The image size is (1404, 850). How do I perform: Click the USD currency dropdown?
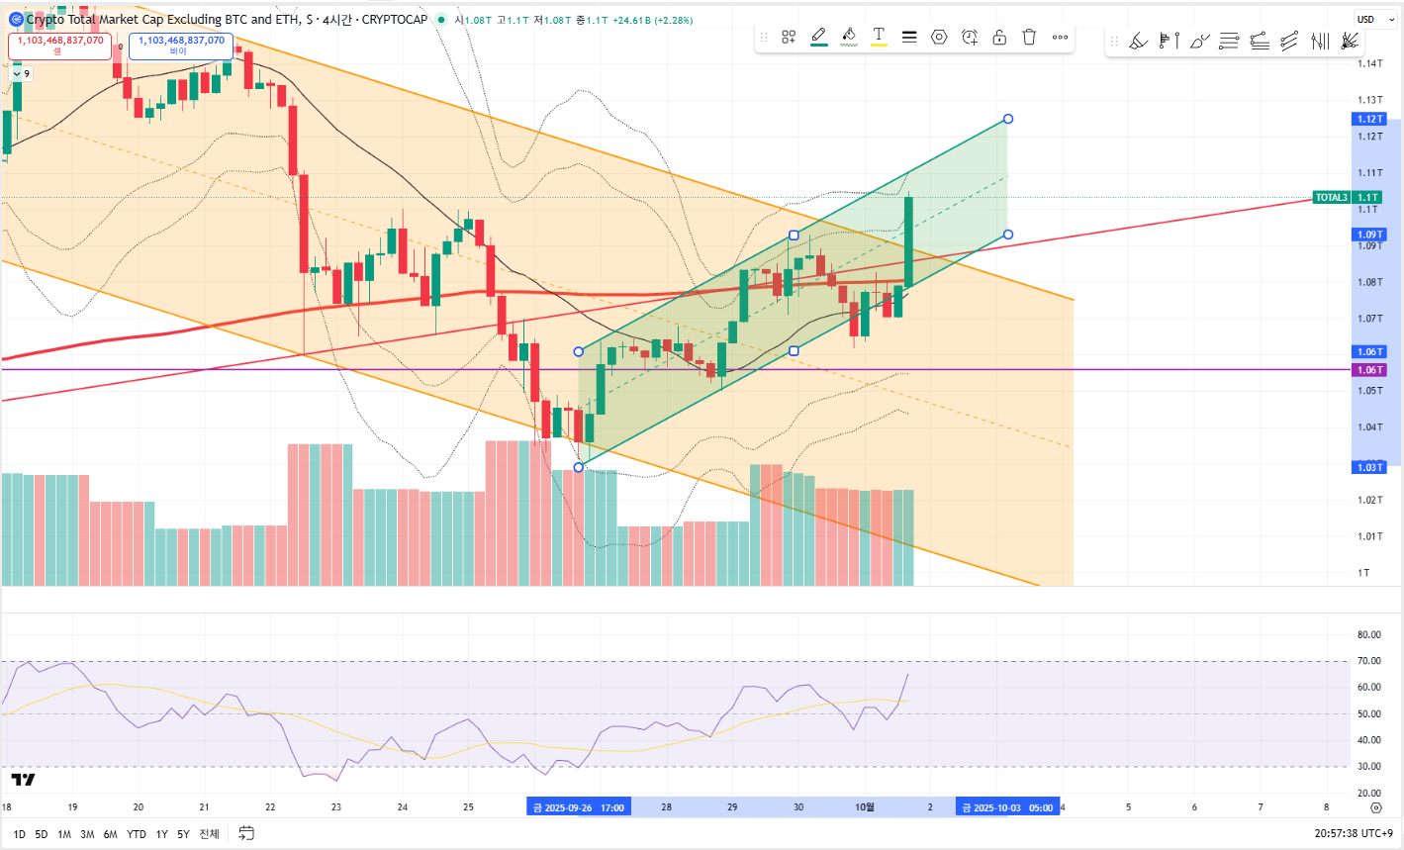click(1374, 20)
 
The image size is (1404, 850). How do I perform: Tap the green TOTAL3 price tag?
click(1332, 198)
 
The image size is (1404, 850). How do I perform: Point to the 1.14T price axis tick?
click(1369, 63)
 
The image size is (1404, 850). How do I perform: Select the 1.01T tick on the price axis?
click(1369, 536)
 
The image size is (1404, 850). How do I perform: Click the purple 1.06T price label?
click(1369, 370)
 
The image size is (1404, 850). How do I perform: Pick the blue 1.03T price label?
click(1369, 467)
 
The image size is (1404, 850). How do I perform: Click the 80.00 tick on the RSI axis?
click(1369, 635)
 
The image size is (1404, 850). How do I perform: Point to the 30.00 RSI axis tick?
click(1369, 766)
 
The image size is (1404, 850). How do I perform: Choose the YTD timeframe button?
click(137, 834)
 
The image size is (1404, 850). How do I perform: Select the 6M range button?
click(111, 834)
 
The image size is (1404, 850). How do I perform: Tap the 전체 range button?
click(209, 834)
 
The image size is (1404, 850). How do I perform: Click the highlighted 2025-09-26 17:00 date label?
click(579, 807)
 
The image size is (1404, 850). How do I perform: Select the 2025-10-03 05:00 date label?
click(1007, 807)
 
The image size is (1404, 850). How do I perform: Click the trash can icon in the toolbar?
click(1029, 37)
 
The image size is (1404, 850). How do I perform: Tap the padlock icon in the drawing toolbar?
click(999, 37)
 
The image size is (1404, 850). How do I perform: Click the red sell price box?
click(59, 46)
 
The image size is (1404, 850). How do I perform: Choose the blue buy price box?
click(181, 46)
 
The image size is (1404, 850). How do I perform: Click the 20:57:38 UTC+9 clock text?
click(1353, 834)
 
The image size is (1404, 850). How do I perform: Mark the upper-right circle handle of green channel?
click(1008, 119)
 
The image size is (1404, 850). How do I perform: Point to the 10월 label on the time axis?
click(864, 807)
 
